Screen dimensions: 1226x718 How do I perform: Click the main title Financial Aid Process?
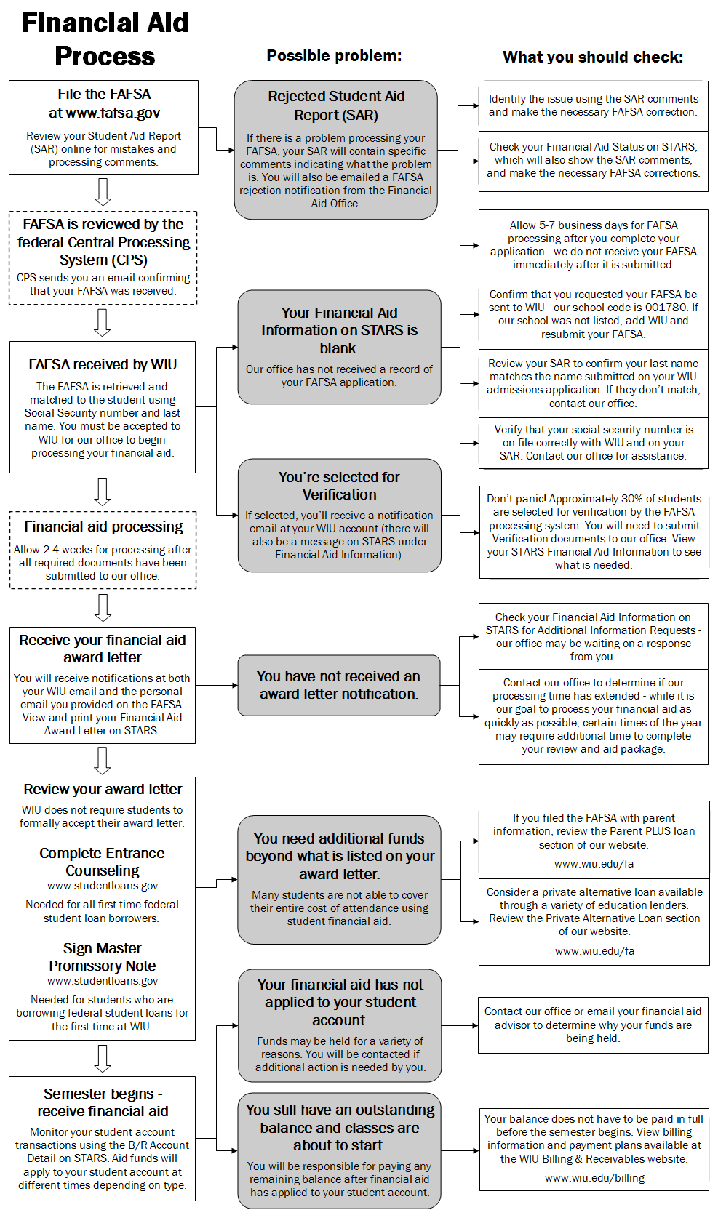click(x=105, y=39)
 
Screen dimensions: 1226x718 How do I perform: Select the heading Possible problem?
click(x=334, y=56)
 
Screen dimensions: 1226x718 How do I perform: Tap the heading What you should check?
click(x=593, y=57)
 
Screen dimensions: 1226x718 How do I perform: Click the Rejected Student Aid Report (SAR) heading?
click(x=336, y=105)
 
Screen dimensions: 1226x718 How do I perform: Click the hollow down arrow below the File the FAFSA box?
click(x=103, y=192)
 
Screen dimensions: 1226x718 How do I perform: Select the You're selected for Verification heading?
click(x=339, y=486)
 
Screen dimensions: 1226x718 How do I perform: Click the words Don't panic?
click(x=516, y=499)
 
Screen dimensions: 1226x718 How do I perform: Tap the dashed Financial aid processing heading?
click(x=103, y=527)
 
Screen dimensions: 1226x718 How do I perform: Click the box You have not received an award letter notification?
click(x=338, y=685)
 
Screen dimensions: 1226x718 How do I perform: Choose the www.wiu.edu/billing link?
click(x=594, y=1178)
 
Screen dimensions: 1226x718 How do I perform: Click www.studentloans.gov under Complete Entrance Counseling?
click(x=103, y=886)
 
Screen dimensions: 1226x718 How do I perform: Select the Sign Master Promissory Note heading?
click(x=103, y=957)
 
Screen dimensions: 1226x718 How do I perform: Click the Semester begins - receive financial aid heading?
click(x=103, y=1102)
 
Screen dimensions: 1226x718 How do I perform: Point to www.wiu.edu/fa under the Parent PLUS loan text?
click(x=594, y=864)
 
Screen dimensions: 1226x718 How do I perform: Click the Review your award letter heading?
click(x=103, y=790)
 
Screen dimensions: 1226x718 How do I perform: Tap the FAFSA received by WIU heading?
click(x=103, y=365)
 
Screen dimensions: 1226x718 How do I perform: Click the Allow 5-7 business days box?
click(x=593, y=245)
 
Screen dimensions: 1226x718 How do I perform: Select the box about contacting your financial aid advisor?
click(x=593, y=1025)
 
